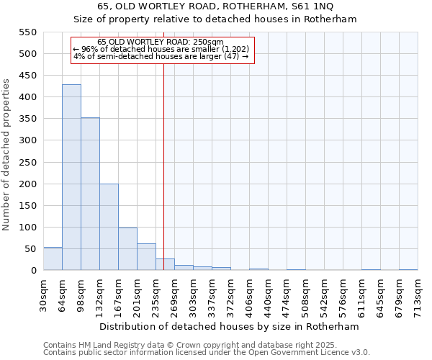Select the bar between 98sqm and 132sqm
90,194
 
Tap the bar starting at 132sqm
109,227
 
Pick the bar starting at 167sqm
127,248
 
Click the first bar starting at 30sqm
53,258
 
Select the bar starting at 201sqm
146,256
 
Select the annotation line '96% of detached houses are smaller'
161,49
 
